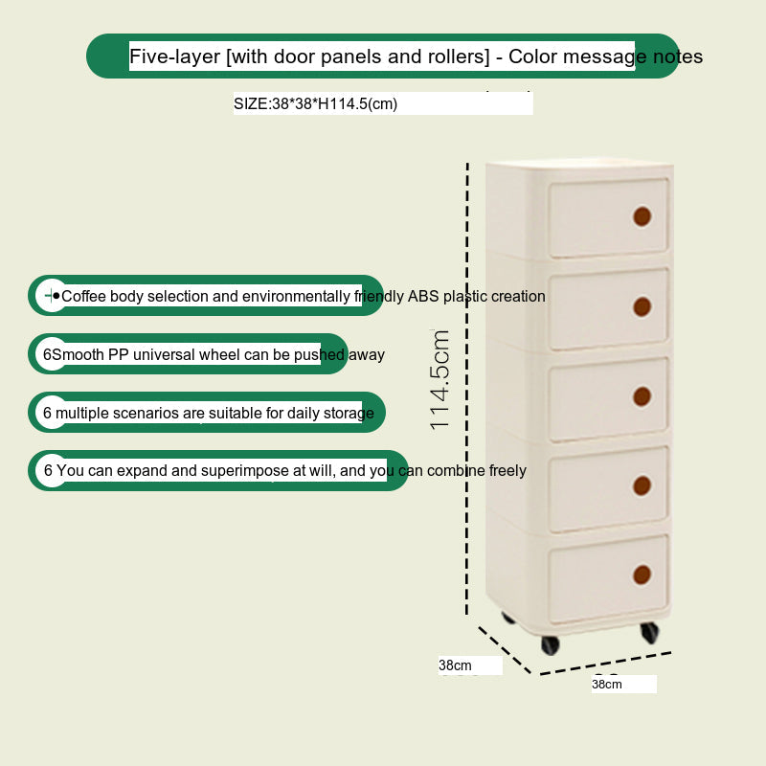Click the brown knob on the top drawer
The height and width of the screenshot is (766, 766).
point(642,216)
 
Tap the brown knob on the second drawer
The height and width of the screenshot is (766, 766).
point(642,306)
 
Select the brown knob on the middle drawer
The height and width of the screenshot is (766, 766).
point(642,396)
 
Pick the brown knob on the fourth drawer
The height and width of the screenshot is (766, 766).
point(642,485)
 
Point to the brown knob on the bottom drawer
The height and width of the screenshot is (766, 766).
point(642,575)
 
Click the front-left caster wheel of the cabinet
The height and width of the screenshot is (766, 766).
point(551,644)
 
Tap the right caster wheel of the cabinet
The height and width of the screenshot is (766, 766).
point(650,632)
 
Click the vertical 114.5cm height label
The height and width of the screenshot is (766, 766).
point(439,379)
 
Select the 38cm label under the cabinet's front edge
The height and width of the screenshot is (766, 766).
point(607,684)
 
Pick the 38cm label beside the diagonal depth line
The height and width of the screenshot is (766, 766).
point(455,665)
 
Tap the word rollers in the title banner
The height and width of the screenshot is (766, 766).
point(459,56)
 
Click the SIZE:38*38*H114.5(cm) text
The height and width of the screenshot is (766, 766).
point(316,104)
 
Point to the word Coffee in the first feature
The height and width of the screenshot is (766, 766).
point(83,296)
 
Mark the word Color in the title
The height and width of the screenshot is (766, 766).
point(533,56)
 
